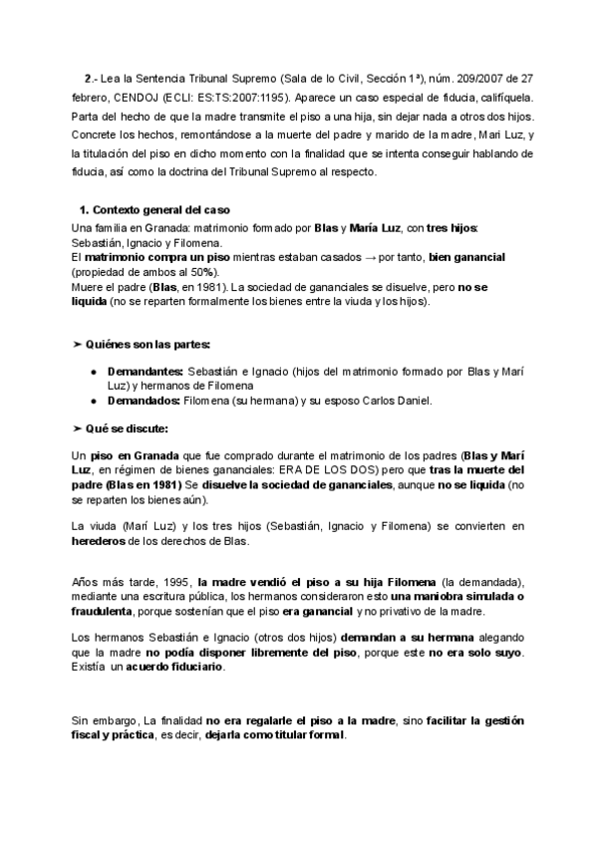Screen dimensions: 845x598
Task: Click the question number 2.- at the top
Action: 90,77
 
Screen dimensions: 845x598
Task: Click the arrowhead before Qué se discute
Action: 78,427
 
